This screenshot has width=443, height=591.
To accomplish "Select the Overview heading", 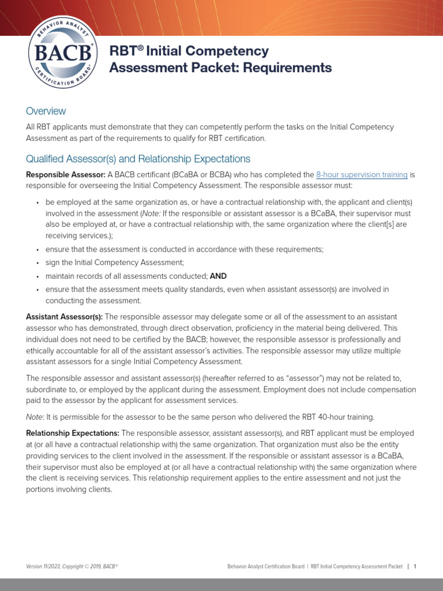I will [x=46, y=111].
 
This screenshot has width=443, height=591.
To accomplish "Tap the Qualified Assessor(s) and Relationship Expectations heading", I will [x=138, y=159].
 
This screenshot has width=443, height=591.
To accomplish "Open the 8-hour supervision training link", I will [x=362, y=175].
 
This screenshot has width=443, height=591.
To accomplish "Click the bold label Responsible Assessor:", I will [x=65, y=175].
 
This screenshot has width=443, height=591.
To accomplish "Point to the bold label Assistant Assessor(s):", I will [x=65, y=317].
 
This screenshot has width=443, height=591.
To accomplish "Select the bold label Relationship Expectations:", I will [x=73, y=433].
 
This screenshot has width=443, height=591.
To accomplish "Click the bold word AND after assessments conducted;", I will [x=218, y=276].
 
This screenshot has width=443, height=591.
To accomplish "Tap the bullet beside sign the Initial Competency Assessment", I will [x=37, y=263].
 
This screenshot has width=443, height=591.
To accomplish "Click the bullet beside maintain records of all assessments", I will [x=37, y=276].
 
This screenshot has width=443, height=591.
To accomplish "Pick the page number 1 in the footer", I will [x=415, y=567].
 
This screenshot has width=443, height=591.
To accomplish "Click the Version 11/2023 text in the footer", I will [x=47, y=567].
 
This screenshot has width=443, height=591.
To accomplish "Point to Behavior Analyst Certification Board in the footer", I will [x=266, y=567].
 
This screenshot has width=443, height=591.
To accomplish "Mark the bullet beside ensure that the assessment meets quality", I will [x=37, y=290].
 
